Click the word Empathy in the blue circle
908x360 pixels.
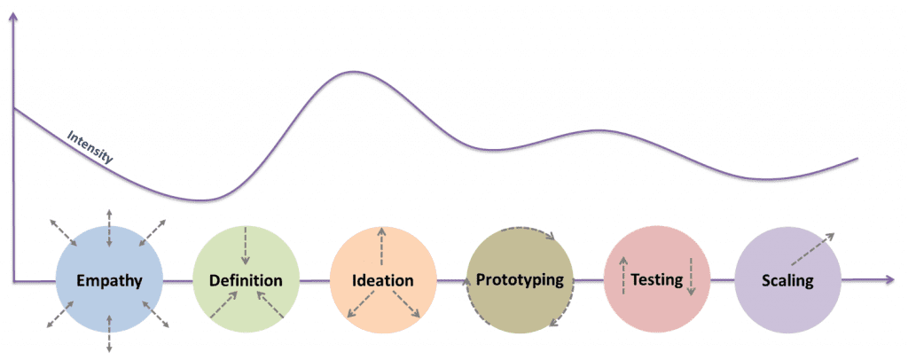(x=108, y=282)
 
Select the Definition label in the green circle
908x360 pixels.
(x=246, y=281)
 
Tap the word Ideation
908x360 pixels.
(x=382, y=281)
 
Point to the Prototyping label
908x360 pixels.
(x=520, y=280)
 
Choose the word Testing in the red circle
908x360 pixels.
(x=656, y=280)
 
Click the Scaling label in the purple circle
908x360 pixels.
(x=787, y=282)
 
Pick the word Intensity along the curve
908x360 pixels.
(x=90, y=146)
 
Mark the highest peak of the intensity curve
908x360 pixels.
(x=353, y=72)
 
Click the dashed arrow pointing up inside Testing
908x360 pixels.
(x=622, y=272)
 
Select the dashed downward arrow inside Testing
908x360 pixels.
(x=691, y=276)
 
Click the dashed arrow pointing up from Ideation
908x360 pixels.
(x=382, y=246)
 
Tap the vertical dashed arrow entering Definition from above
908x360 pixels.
(x=246, y=245)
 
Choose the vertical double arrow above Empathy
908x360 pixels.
(x=108, y=227)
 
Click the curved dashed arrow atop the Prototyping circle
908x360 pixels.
(x=529, y=232)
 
